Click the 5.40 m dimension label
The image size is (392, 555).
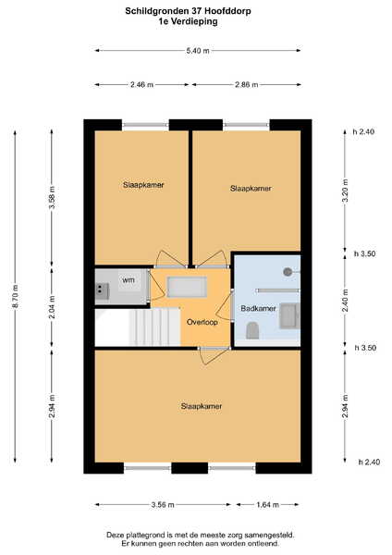(198, 51)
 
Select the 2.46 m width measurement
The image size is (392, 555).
(141, 84)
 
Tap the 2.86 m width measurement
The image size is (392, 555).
(246, 84)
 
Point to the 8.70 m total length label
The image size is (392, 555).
(15, 296)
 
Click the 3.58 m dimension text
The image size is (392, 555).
(52, 197)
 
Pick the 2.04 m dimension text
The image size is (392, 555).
(52, 307)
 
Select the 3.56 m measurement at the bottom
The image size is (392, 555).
(163, 505)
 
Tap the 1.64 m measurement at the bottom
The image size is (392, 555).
(268, 505)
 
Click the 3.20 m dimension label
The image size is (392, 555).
(345, 191)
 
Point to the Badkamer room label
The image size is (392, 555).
(258, 308)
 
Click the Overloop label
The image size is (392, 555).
(202, 322)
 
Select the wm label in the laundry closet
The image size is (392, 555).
(129, 280)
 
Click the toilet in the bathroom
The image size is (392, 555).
(252, 330)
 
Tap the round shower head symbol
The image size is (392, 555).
(288, 272)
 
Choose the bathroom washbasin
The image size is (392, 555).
(289, 315)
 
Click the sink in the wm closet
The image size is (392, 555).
(102, 291)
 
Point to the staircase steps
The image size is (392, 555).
(155, 327)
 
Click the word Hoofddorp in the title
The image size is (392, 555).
(229, 11)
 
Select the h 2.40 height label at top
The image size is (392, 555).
(363, 131)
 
